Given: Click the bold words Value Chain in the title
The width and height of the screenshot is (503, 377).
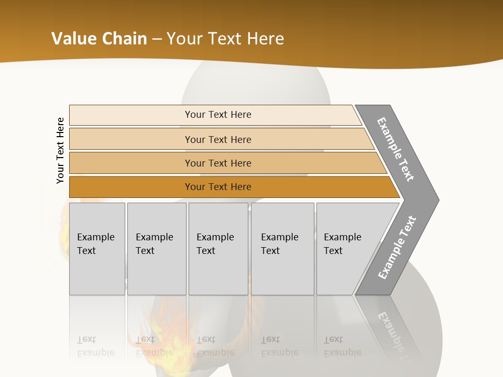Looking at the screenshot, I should [x=99, y=39].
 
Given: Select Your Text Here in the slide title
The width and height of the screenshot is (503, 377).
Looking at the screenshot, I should [x=225, y=39].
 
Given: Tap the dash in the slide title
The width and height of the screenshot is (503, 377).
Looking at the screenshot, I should [x=157, y=39].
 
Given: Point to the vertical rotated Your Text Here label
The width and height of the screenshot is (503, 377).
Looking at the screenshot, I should [x=60, y=151].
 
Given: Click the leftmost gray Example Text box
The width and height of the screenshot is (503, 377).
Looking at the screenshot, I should [x=97, y=249].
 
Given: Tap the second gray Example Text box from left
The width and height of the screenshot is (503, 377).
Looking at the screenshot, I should [x=157, y=249].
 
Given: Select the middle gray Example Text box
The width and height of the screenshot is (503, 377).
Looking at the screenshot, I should [x=218, y=249].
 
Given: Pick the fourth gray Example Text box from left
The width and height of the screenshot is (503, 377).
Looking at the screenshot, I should [x=282, y=249].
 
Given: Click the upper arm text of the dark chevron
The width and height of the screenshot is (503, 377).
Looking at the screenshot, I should [x=396, y=149].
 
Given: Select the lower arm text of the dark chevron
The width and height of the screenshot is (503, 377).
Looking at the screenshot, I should [x=397, y=248].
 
